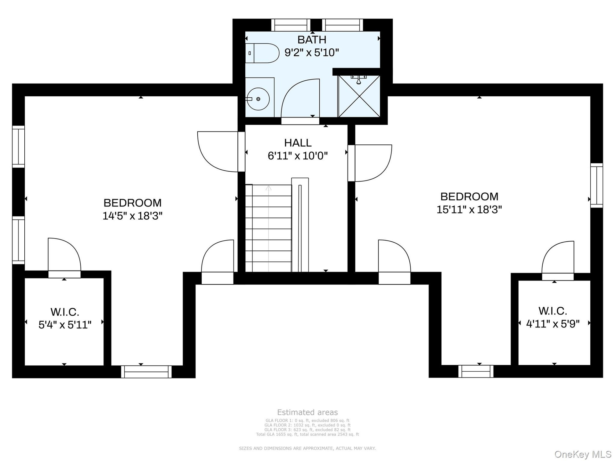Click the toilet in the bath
[262, 53]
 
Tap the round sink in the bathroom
[258, 99]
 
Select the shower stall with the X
[359, 96]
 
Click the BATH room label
[312, 40]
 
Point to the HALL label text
[298, 143]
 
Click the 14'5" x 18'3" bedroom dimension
[132, 216]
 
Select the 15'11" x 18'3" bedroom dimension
[469, 210]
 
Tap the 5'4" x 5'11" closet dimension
[65, 325]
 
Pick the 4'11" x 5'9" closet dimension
[553, 324]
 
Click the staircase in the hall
[268, 228]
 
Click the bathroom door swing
[300, 98]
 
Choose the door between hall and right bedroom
[370, 163]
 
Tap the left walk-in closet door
[64, 258]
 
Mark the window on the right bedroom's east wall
[597, 186]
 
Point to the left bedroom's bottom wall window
[146, 372]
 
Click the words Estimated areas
[307, 412]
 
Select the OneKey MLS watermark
[583, 454]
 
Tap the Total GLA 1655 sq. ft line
[307, 434]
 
